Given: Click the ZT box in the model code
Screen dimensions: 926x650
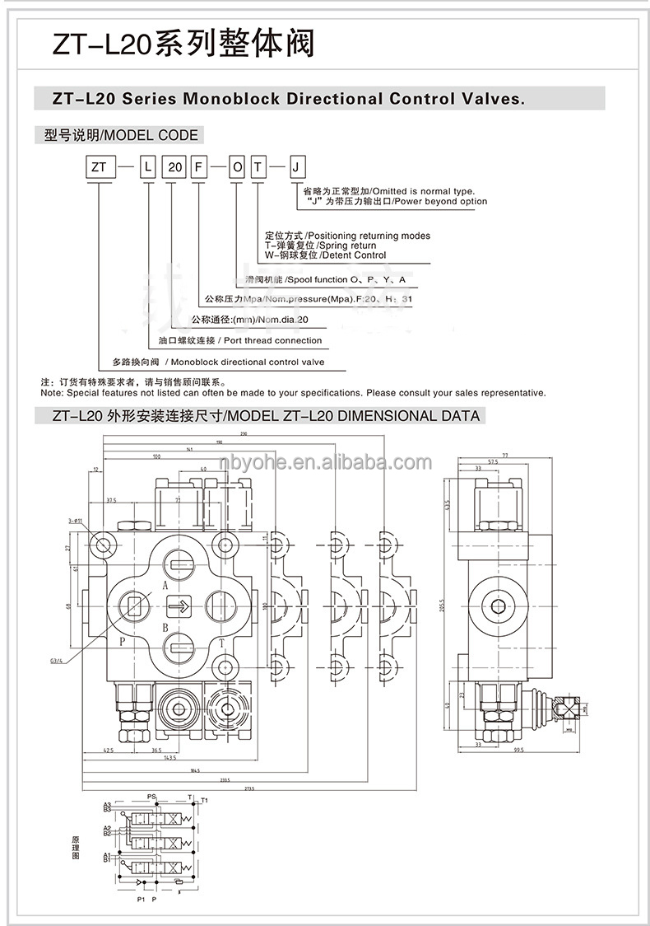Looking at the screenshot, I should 99,167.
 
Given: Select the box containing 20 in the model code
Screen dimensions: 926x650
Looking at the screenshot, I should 174,167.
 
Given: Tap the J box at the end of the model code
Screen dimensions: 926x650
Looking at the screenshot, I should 297,167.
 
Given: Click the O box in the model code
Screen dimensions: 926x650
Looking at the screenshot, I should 237,167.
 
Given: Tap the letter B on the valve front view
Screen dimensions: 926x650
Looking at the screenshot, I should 165,628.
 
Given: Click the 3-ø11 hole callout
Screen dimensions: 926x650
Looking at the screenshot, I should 77,521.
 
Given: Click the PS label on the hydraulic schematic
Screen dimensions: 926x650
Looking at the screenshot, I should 151,797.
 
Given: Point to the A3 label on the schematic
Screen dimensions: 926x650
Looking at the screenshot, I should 107,804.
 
